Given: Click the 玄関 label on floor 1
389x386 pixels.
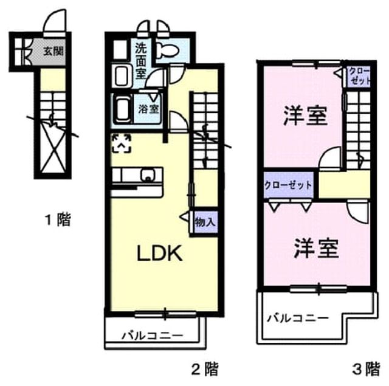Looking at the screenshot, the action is coord(53,51).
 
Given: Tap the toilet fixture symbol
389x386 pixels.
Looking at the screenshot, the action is coord(168,50).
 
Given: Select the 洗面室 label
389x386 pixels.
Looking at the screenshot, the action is coord(140,61).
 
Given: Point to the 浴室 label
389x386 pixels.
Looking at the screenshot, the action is coord(148,109).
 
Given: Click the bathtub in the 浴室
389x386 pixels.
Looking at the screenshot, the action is coord(123,109).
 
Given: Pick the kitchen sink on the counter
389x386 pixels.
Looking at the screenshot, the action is coord(148,175).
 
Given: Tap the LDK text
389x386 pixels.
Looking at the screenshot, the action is coord(160,253).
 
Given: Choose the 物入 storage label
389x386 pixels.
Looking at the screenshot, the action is coord(205,221).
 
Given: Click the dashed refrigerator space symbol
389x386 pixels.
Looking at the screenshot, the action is coord(122,143).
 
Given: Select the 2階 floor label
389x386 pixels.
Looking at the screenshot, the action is coord(205,369).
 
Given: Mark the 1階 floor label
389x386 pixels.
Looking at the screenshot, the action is coord(58,219).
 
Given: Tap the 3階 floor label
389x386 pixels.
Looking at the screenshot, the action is coord(366,369).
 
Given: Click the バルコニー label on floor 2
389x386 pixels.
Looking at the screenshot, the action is coord(153,336).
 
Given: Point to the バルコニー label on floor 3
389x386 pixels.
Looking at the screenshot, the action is coord(297,318).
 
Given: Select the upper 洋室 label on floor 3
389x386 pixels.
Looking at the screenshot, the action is coord(305,115).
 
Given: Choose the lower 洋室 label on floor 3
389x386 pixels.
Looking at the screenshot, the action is coord(316,248).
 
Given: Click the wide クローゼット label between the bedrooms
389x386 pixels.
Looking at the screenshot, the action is coord(288,185).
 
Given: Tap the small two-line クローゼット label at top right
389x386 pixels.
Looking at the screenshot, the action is coord(359,76).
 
